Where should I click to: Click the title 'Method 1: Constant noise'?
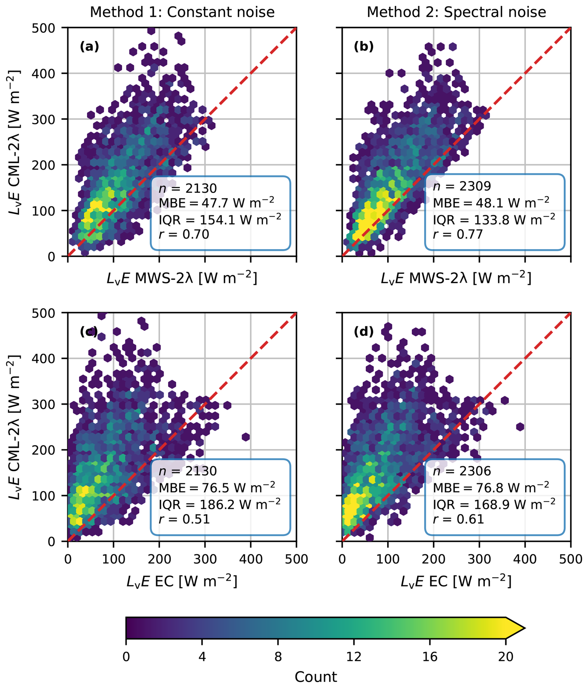pyautogui.click(x=182, y=13)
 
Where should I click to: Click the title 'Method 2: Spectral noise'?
pyautogui.click(x=456, y=13)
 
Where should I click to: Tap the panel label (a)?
pyautogui.click(x=89, y=47)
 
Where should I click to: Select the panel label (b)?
pyautogui.click(x=364, y=47)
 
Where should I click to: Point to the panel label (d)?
pyautogui.click(x=364, y=332)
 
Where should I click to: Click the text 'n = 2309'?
pyautogui.click(x=462, y=186)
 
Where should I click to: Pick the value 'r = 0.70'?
pyautogui.click(x=184, y=234)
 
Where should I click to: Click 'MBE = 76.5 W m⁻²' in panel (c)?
pyautogui.click(x=217, y=487)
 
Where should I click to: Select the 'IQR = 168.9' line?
pyautogui.click(x=494, y=504)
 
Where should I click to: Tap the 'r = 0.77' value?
pyautogui.click(x=458, y=234)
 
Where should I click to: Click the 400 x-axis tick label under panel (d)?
pyautogui.click(x=525, y=560)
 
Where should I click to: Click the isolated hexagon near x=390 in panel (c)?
pyautogui.click(x=246, y=437)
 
